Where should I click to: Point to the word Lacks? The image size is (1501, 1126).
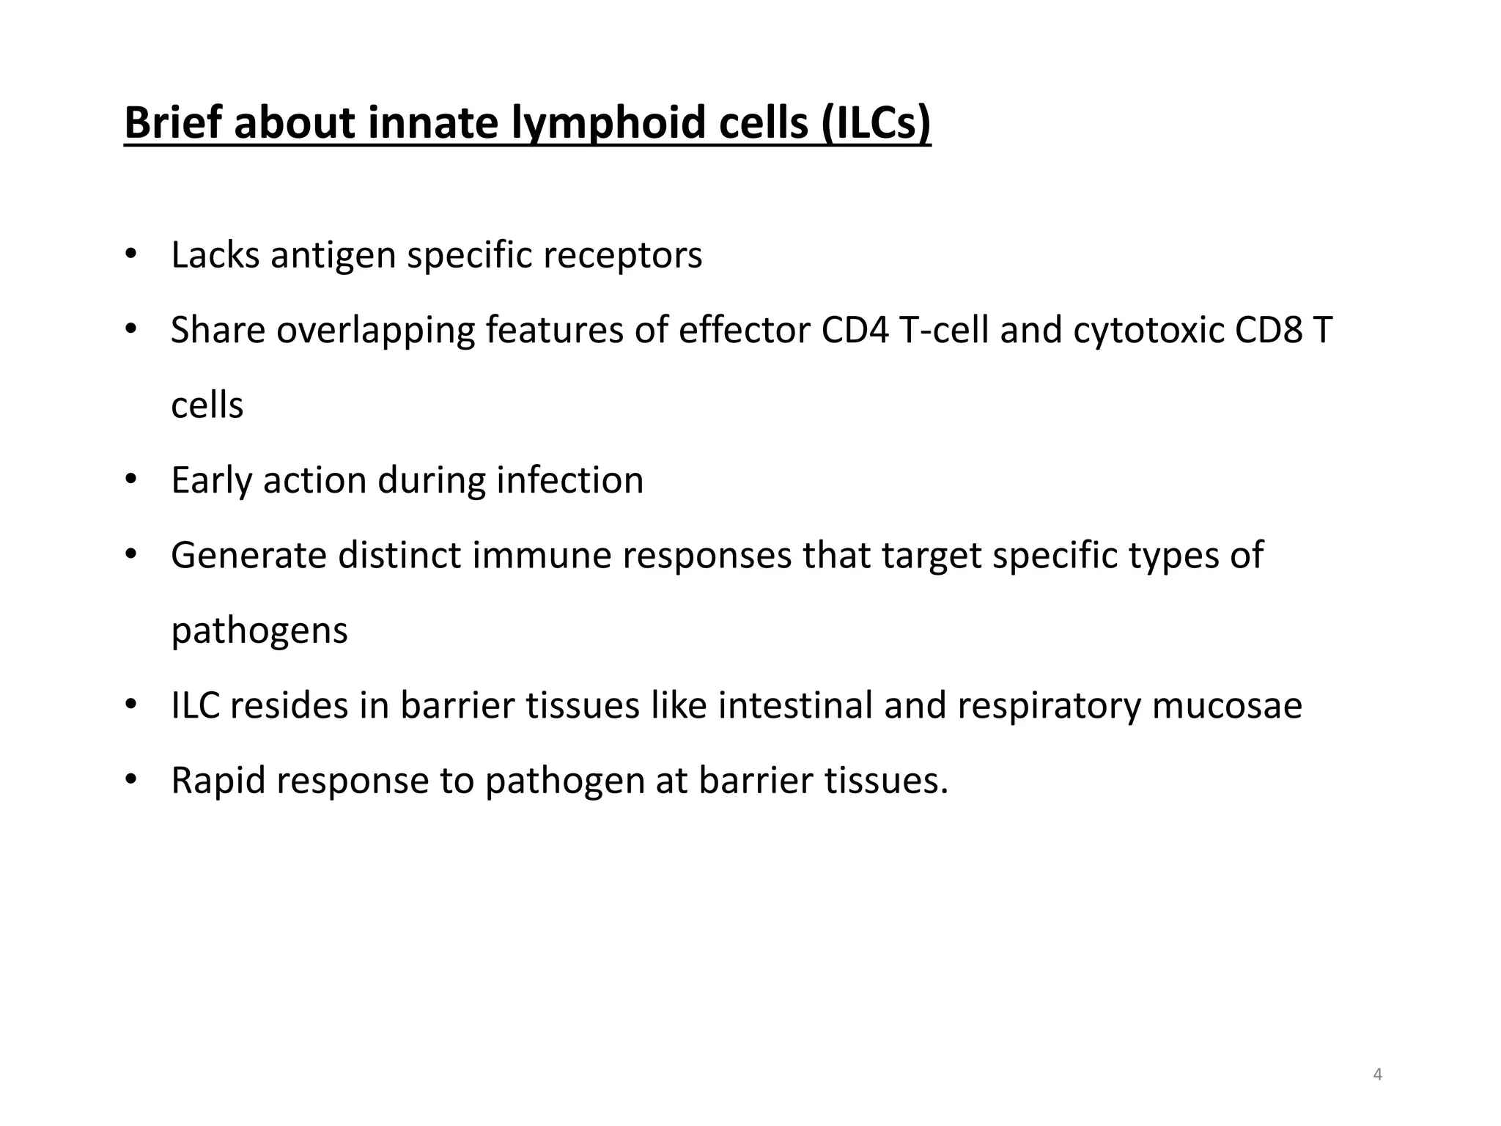point(215,255)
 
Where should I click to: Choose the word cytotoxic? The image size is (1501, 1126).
point(1148,331)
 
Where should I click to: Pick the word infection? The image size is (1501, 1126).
point(570,481)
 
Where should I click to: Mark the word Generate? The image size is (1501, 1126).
point(248,556)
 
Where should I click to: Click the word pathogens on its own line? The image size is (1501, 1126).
point(259,631)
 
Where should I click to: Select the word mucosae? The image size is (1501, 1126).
point(1227,706)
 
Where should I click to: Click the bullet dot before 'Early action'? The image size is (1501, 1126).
point(131,480)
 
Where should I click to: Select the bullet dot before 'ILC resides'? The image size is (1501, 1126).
point(131,705)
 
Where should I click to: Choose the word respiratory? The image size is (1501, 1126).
point(1049,706)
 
